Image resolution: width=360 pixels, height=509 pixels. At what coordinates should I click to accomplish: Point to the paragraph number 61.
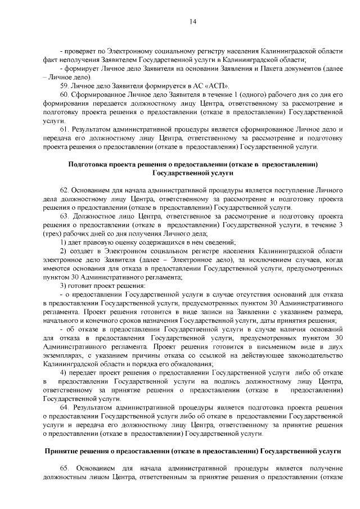coord(64,129)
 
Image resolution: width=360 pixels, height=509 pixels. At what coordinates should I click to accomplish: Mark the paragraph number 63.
coord(64,216)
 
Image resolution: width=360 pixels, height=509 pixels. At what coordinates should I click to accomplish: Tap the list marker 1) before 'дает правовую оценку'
coord(64,242)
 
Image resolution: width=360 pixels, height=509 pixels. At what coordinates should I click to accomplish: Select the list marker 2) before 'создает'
coord(64,250)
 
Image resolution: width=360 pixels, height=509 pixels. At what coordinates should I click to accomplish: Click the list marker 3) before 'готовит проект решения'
coord(64,285)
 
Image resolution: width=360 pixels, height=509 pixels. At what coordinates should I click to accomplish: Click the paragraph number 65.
coord(64,469)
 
